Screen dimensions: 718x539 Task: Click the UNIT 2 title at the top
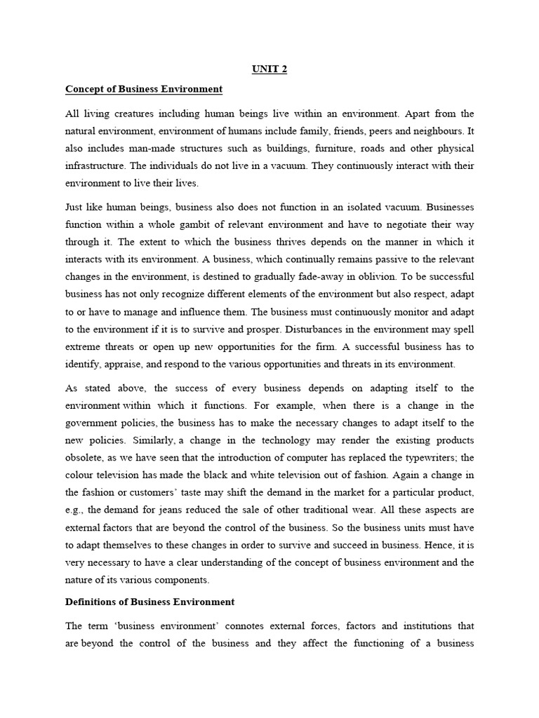pyautogui.click(x=269, y=69)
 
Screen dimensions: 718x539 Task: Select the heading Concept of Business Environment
pyautogui.click(x=143, y=89)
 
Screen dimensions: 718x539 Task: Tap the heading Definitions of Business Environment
pyautogui.click(x=149, y=602)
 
